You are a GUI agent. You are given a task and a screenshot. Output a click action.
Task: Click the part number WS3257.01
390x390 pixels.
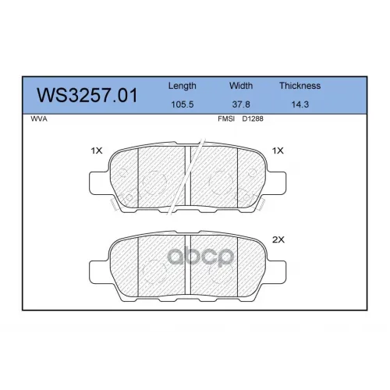tap(87, 95)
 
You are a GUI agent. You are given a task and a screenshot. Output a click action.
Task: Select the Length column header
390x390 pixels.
tap(183, 86)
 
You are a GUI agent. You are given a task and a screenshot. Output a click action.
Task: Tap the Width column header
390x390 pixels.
tap(241, 86)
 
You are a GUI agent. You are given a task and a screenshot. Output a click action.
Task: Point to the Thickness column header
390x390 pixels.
tap(300, 86)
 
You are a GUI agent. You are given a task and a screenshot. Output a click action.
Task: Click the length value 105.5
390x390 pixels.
tap(183, 105)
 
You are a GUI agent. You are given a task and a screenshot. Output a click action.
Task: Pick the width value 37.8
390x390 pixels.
tap(241, 105)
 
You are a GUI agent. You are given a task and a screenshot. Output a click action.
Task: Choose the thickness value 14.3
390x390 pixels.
tap(300, 105)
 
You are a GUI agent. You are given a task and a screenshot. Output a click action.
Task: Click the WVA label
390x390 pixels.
tap(39, 119)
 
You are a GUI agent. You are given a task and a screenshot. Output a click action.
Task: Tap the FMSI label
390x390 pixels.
tap(226, 119)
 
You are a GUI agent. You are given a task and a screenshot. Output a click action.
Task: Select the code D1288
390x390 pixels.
tap(253, 119)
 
